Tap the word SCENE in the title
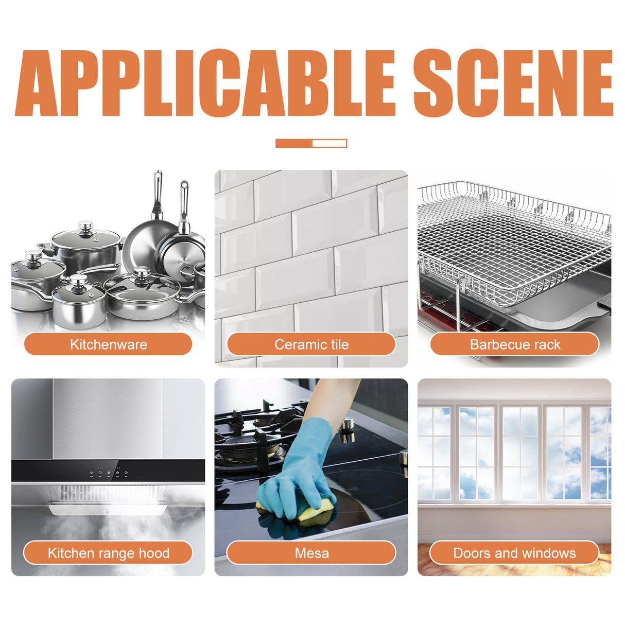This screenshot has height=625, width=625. pos(513,82)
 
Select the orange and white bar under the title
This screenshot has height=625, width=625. pos(311,143)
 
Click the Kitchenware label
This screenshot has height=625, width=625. pos(108,344)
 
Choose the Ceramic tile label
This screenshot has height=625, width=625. pos(311,344)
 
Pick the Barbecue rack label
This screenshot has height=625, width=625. pos(514,344)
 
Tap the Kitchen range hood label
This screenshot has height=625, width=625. pos(108,553)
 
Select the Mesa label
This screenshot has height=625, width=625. pos(311,553)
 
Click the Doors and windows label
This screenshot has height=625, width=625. pos(514,553)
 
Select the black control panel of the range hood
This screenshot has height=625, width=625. pos(108,471)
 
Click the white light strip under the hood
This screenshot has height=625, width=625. pos(108,510)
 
